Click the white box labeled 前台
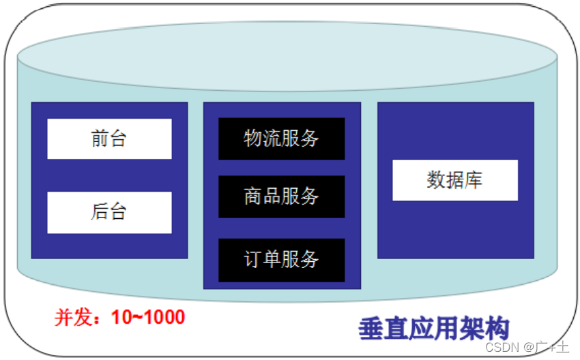[109, 139]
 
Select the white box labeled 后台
[109, 212]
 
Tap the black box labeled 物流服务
[281, 138]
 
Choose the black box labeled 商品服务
[281, 196]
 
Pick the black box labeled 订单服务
[281, 260]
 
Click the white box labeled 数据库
[455, 180]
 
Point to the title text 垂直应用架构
[434, 329]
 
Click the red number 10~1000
[148, 317]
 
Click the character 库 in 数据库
[474, 180]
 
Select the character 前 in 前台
[100, 139]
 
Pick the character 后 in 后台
[100, 212]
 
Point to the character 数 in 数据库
[436, 180]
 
